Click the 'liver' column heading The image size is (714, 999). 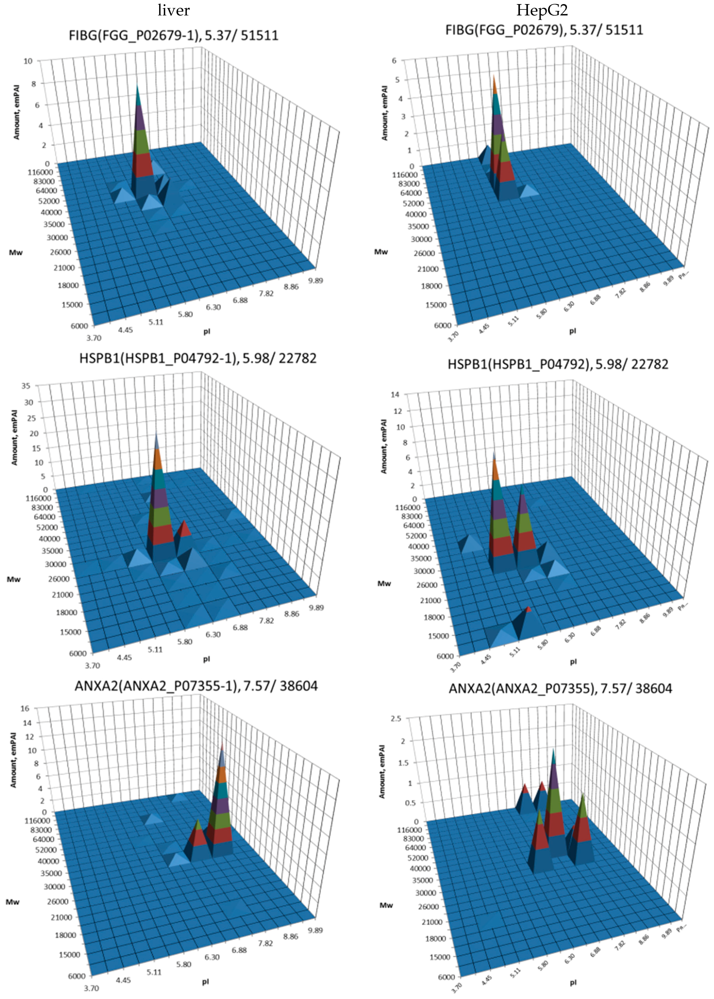(x=174, y=10)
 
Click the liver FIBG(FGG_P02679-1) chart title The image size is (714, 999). (x=174, y=35)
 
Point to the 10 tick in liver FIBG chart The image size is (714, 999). (x=28, y=61)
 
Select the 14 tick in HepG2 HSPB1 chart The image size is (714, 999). (x=395, y=394)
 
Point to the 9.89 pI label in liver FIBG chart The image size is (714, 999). (x=315, y=281)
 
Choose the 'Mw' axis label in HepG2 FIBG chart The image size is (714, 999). (x=381, y=252)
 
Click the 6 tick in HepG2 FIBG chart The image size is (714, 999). (x=394, y=61)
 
